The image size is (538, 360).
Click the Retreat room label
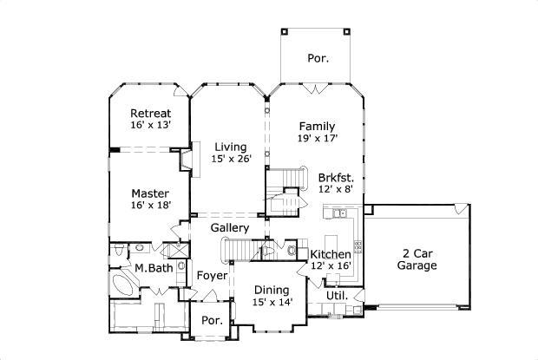tap(150, 114)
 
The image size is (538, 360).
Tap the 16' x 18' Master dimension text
tap(150, 205)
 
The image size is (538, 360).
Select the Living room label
tap(230, 147)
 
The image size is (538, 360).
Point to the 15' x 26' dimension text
tap(230, 159)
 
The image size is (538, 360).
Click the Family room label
tap(317, 126)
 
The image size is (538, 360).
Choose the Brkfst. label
tap(335, 175)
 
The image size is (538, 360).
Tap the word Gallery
tap(231, 228)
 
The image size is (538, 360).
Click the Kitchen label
tap(331, 254)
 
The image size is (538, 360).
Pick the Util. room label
tap(337, 296)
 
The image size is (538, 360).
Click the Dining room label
tap(272, 291)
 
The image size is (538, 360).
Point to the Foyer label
tap(212, 275)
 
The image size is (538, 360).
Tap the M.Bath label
tap(154, 268)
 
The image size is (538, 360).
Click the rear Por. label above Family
tap(317, 59)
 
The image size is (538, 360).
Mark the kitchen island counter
tap(330, 240)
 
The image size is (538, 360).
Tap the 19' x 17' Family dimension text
tap(317, 138)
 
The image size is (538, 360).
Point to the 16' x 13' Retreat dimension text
tap(150, 126)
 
